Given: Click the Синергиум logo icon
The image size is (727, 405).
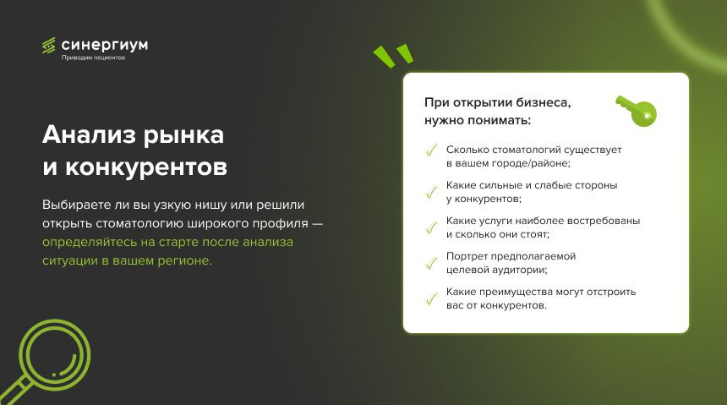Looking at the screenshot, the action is click(49, 46).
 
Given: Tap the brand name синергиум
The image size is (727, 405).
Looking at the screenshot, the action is click(105, 45).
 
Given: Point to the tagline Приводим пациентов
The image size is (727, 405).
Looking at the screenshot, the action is click(93, 57).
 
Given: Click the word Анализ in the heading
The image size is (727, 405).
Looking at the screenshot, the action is click(89, 134).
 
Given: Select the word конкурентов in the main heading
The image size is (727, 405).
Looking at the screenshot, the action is click(146, 167).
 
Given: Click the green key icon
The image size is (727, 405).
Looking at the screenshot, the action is click(636, 111).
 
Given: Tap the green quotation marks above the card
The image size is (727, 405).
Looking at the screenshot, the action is click(393, 56).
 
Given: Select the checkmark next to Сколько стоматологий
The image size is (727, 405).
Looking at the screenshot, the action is click(432, 151).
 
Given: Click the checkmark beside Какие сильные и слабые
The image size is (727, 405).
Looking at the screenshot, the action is click(432, 192).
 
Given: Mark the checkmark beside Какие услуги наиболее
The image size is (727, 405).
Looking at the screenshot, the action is click(432, 227).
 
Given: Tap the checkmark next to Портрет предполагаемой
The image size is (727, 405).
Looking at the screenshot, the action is click(432, 263).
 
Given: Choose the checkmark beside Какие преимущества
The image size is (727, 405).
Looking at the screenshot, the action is click(432, 298).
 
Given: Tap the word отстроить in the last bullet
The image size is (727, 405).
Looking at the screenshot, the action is click(611, 293).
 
